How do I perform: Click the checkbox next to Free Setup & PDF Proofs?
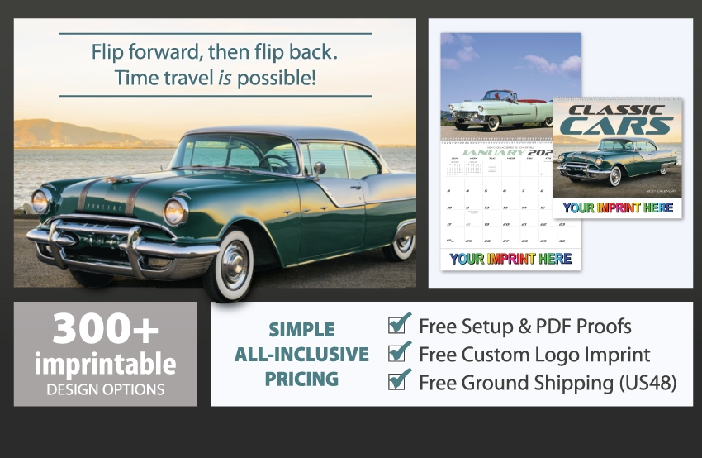pos(400,324)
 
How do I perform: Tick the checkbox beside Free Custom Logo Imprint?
pos(400,353)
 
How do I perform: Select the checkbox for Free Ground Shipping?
pos(400,381)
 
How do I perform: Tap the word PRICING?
pos(301,379)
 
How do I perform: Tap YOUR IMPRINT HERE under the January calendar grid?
pos(510,259)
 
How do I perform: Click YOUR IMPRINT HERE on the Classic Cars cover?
pos(618,208)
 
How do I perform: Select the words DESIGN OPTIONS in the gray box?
pos(105,389)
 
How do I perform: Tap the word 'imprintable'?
pos(105,364)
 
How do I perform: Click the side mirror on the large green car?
pos(318,169)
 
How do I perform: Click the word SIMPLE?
pos(301,330)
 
